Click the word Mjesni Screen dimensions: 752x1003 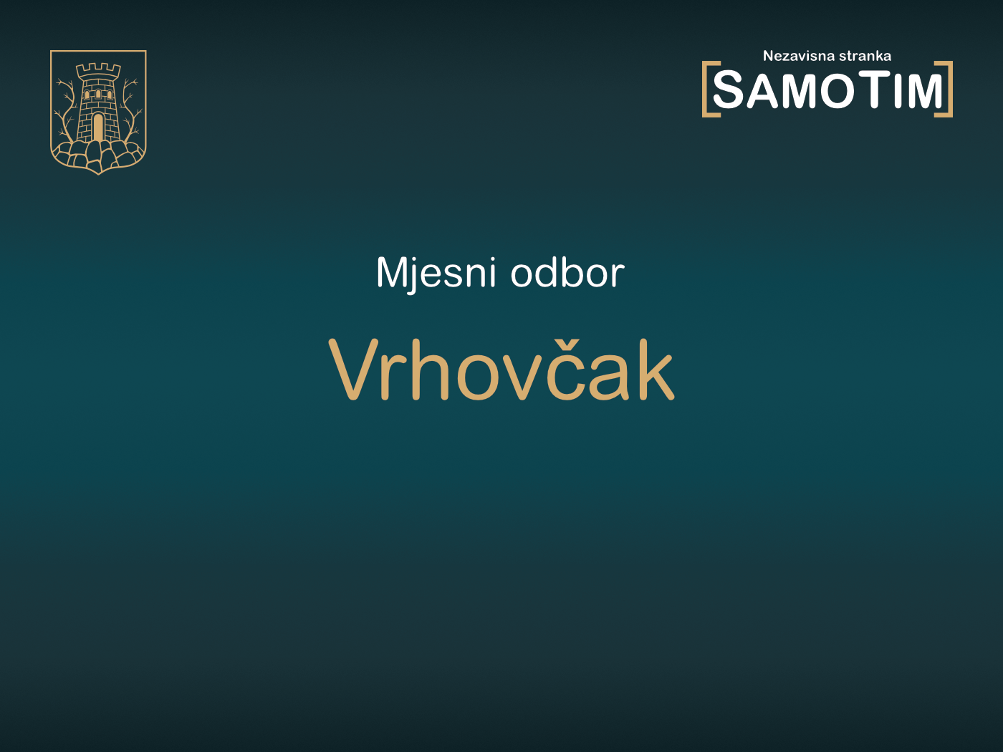click(x=436, y=273)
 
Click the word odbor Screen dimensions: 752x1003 click(x=567, y=273)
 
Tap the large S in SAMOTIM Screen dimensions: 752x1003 click(x=729, y=91)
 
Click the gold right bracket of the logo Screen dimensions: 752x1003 click(x=948, y=89)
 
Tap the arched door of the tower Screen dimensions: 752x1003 click(x=98, y=127)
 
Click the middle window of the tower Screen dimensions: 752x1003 click(x=98, y=94)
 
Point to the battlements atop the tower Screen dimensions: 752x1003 click(x=98, y=70)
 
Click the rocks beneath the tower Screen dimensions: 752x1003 click(x=98, y=154)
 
